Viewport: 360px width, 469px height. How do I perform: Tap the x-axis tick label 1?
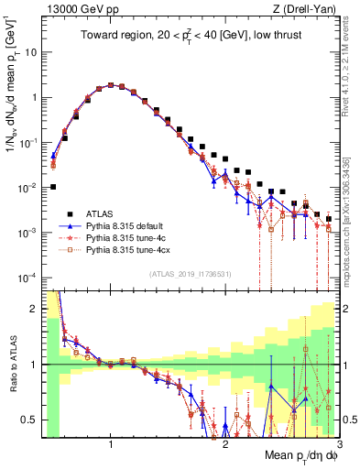(x=110, y=444)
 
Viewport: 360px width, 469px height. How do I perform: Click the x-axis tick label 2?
(x=225, y=444)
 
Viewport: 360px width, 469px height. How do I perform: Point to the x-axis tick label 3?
(x=327, y=444)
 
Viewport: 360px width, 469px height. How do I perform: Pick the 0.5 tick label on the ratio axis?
(x=27, y=420)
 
